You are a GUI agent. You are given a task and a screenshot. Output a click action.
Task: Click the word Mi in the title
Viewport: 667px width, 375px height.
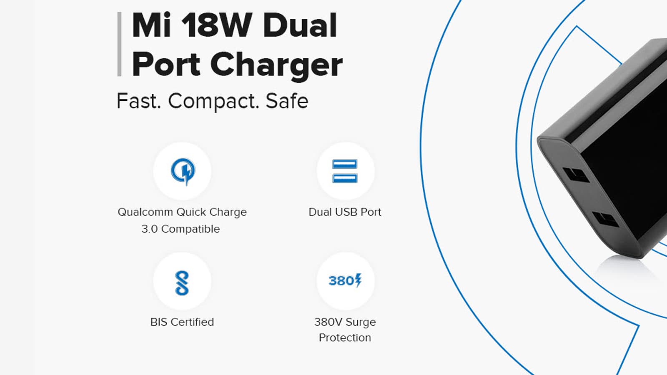151,25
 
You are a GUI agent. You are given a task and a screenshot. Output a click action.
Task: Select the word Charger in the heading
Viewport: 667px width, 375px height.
277,65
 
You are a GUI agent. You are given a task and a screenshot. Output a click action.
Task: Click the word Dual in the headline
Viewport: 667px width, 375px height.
300,25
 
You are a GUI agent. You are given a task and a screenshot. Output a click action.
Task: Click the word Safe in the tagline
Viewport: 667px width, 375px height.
287,101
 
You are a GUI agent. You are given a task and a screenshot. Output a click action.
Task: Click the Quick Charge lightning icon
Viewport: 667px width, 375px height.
183,171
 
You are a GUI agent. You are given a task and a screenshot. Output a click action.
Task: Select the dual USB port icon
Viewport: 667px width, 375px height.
345,171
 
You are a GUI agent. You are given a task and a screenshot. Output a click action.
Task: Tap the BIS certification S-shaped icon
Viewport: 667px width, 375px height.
182,283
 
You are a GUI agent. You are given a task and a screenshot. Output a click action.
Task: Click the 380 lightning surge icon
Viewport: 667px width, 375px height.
345,280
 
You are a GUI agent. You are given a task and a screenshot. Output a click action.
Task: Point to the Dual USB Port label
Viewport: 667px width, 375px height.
345,212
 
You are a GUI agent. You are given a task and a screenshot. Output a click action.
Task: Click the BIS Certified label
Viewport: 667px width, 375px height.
182,322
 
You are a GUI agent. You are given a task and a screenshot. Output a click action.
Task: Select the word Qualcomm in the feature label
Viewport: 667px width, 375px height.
145,212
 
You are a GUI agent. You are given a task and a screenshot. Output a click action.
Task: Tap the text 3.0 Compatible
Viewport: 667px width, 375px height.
181,229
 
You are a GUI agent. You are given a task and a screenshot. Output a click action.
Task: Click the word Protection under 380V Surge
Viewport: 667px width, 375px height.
345,338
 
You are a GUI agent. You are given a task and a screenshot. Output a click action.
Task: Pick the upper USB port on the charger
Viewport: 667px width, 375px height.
576,175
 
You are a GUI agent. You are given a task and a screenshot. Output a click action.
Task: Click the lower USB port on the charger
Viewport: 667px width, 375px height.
605,219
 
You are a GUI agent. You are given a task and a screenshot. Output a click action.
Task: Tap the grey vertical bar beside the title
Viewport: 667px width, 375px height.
119,44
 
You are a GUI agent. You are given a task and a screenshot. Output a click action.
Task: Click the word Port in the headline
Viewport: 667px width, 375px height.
166,64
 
